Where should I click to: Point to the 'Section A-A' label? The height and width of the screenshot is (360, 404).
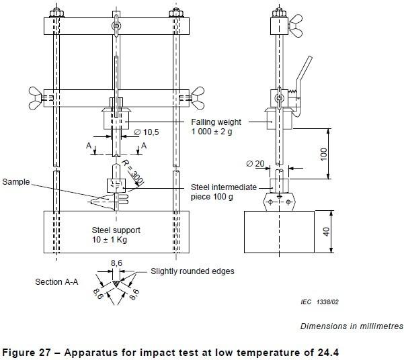[57, 283]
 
